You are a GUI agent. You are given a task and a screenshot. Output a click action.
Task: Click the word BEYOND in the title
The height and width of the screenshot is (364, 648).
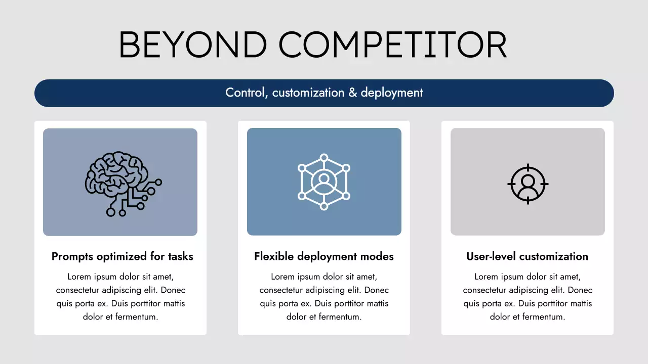pos(193,45)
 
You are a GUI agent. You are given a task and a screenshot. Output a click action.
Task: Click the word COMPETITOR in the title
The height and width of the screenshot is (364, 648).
pos(392,45)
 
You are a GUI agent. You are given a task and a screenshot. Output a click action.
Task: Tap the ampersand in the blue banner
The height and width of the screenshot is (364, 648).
pos(353,93)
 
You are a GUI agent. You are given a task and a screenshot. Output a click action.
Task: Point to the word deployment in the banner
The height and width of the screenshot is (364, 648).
pos(392,93)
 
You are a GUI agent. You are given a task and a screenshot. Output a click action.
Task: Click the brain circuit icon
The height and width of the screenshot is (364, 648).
pos(124,184)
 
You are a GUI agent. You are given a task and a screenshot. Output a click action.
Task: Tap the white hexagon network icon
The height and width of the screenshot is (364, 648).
pos(324,181)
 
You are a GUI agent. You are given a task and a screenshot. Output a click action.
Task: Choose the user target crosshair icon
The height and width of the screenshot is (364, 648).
pos(528,184)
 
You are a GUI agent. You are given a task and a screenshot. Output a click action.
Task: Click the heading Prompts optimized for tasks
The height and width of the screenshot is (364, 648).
pos(123,256)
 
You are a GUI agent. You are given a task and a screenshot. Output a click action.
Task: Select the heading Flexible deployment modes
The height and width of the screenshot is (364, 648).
pos(324,256)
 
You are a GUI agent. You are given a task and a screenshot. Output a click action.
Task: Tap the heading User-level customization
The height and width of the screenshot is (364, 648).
pos(528,256)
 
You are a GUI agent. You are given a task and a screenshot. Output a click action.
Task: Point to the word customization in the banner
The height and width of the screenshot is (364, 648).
pos(308,93)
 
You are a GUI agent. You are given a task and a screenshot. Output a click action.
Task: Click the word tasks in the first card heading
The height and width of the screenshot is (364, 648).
pos(181,256)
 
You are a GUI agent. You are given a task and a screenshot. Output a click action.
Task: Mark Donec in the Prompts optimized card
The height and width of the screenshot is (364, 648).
pos(173,290)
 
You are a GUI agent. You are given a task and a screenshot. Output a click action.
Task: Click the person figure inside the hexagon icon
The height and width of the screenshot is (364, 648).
pos(324,183)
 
